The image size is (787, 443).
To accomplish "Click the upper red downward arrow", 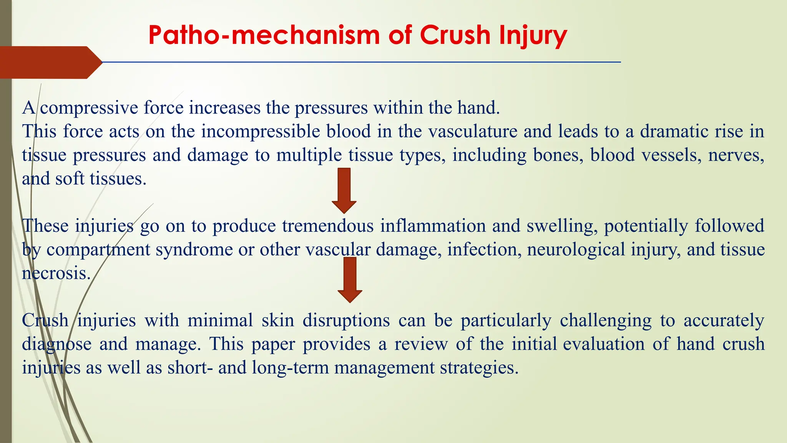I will tap(344, 190).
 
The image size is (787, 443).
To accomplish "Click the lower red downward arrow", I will tap(350, 280).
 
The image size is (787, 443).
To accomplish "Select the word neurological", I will tap(576, 250).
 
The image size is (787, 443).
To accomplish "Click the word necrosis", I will tap(56, 273).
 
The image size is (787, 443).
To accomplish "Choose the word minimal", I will tap(220, 321).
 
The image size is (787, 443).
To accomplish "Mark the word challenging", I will tap(606, 321).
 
